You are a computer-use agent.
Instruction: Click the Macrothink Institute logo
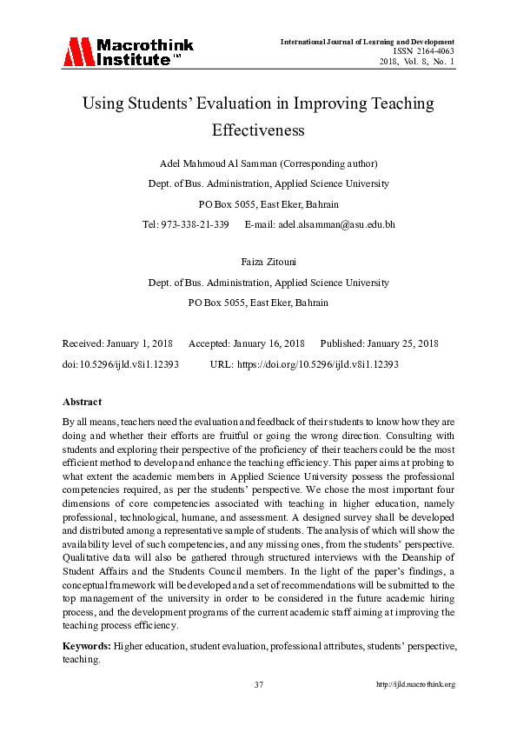[x=128, y=52]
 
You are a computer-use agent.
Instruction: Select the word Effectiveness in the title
[x=257, y=130]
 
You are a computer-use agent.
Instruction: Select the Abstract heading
[x=83, y=402]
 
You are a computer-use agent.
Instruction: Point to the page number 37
[x=258, y=684]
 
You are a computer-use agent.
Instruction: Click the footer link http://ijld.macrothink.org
[x=415, y=684]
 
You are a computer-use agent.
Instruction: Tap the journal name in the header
[x=368, y=42]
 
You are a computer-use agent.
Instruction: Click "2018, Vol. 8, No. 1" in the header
[x=416, y=61]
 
